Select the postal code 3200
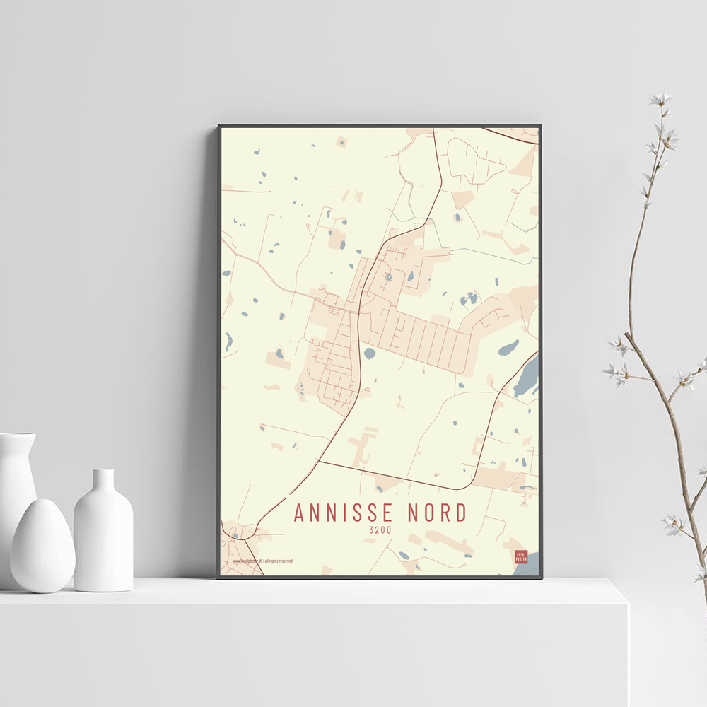[x=380, y=530]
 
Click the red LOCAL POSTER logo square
[x=521, y=557]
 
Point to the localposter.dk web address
[x=247, y=561]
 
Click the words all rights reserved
[x=279, y=561]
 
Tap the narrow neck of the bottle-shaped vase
[x=103, y=481]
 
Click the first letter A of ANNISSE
[x=299, y=513]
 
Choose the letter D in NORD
[x=461, y=513]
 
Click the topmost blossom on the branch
[x=661, y=99]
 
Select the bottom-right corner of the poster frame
[x=541, y=578]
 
